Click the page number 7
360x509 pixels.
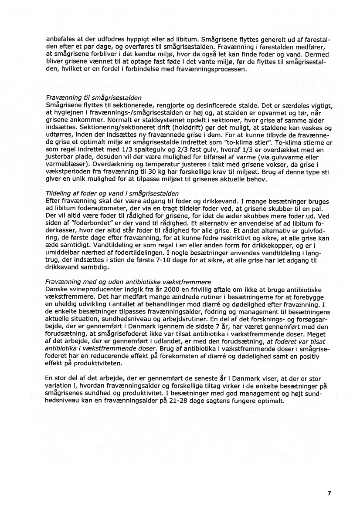329,493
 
